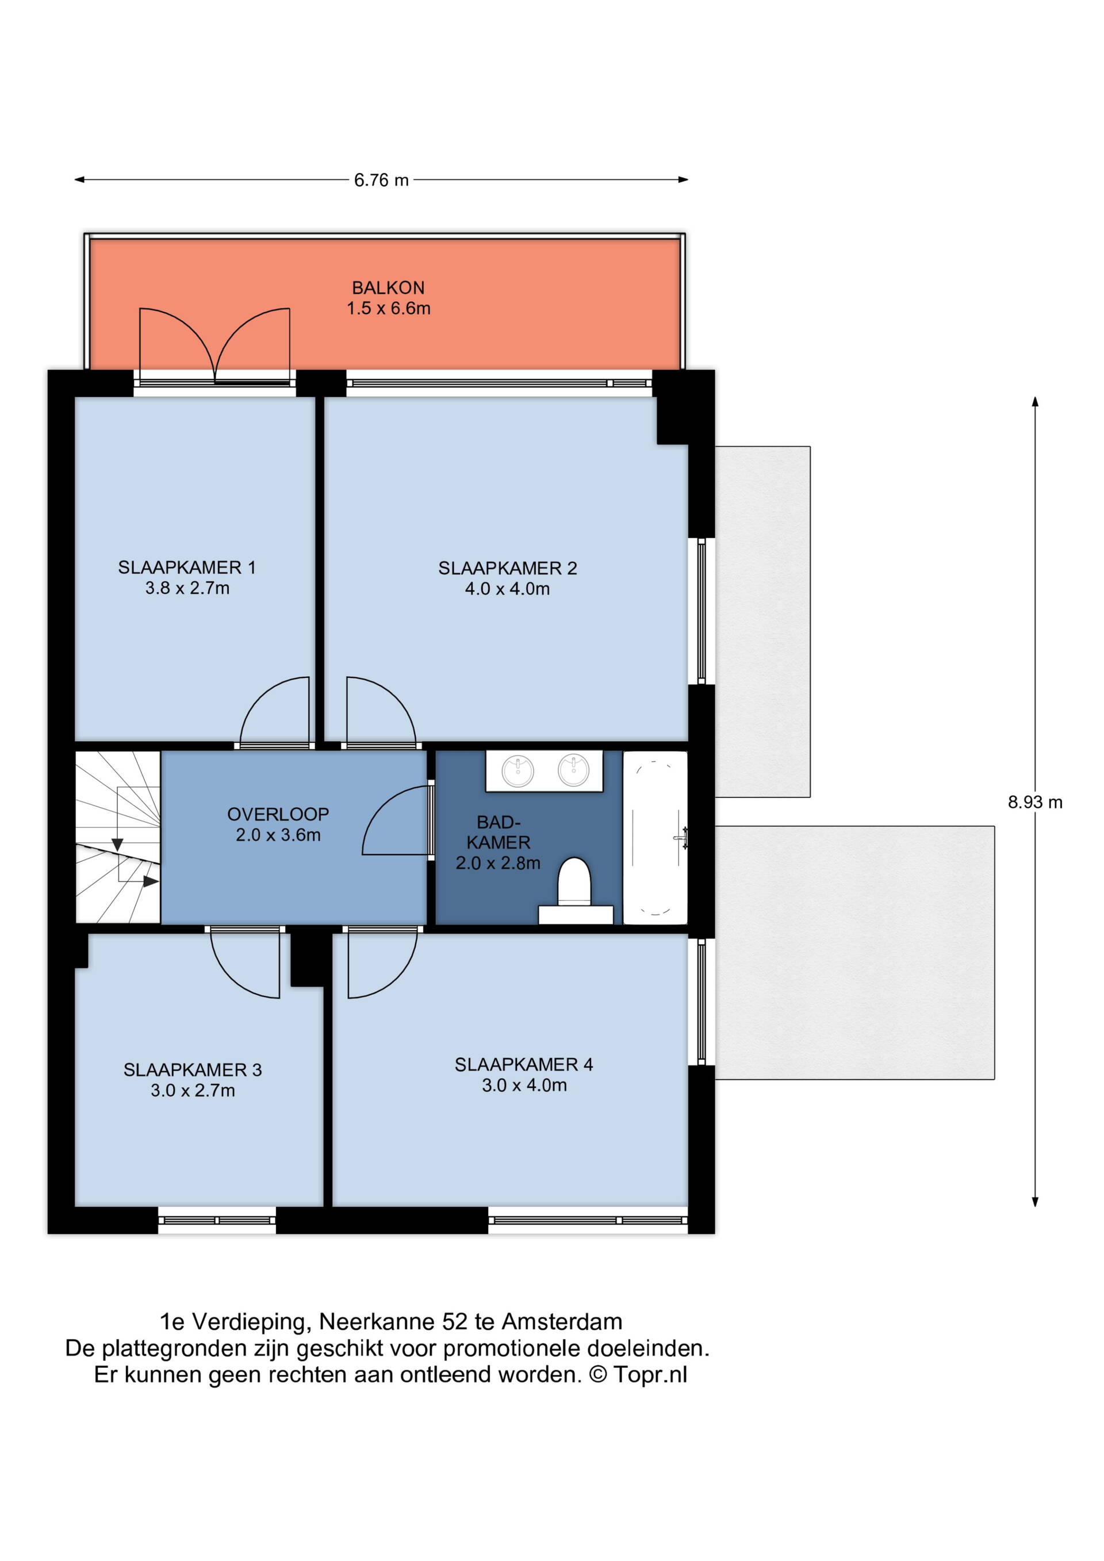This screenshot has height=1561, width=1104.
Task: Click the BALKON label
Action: pyautogui.click(x=388, y=287)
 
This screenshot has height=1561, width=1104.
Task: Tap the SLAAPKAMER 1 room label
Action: pyautogui.click(x=187, y=567)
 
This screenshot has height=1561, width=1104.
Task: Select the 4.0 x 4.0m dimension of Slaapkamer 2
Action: pyautogui.click(x=507, y=589)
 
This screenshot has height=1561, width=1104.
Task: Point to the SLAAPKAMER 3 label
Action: pyautogui.click(x=193, y=1069)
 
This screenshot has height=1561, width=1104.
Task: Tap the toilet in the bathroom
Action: pyautogui.click(x=574, y=882)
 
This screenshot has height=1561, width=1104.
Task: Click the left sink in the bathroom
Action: pyautogui.click(x=518, y=771)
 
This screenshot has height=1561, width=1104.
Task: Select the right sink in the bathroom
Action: pyautogui.click(x=574, y=771)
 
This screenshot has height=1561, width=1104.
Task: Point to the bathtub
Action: pyautogui.click(x=655, y=838)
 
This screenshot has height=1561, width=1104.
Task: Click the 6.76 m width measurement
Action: pyautogui.click(x=381, y=180)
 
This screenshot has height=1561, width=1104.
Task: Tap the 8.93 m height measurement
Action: pyautogui.click(x=1034, y=802)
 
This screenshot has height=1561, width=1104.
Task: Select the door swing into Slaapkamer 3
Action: pyautogui.click(x=246, y=964)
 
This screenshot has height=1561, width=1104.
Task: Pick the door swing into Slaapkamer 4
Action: pyautogui.click(x=383, y=964)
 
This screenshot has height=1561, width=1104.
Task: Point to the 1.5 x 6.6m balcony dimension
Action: pyautogui.click(x=388, y=308)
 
